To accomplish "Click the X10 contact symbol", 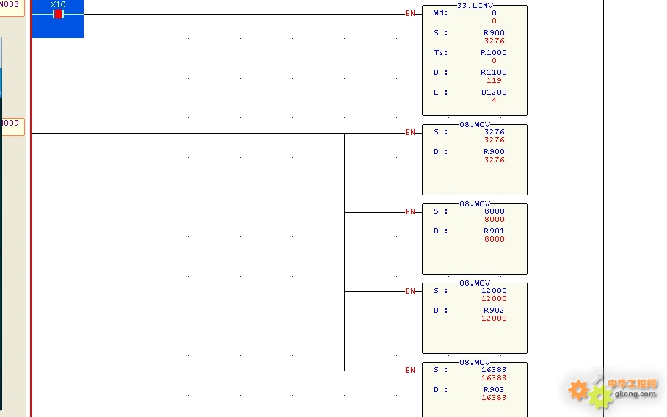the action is point(58,14).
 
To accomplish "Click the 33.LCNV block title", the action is point(475,6).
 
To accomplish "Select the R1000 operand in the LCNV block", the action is point(493,52).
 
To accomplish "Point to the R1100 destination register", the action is point(493,73).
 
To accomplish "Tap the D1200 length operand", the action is point(494,92).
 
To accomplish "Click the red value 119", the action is point(494,81).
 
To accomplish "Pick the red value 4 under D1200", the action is point(494,101).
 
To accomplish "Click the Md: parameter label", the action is point(440,12).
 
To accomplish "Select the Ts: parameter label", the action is point(440,52).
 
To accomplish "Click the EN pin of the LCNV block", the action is point(410,14).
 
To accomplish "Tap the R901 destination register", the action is point(494,231).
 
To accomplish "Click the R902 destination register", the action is point(494,311).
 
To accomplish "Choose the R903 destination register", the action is point(494,389).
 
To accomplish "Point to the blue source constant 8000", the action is point(495,211).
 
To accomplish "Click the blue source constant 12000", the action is point(494,290).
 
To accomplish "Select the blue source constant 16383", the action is point(494,370).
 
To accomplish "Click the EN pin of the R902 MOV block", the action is point(410,291).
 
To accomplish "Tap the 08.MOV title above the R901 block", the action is point(475,204).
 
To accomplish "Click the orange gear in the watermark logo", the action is point(578,390).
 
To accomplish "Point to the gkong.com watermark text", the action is point(635,394).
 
